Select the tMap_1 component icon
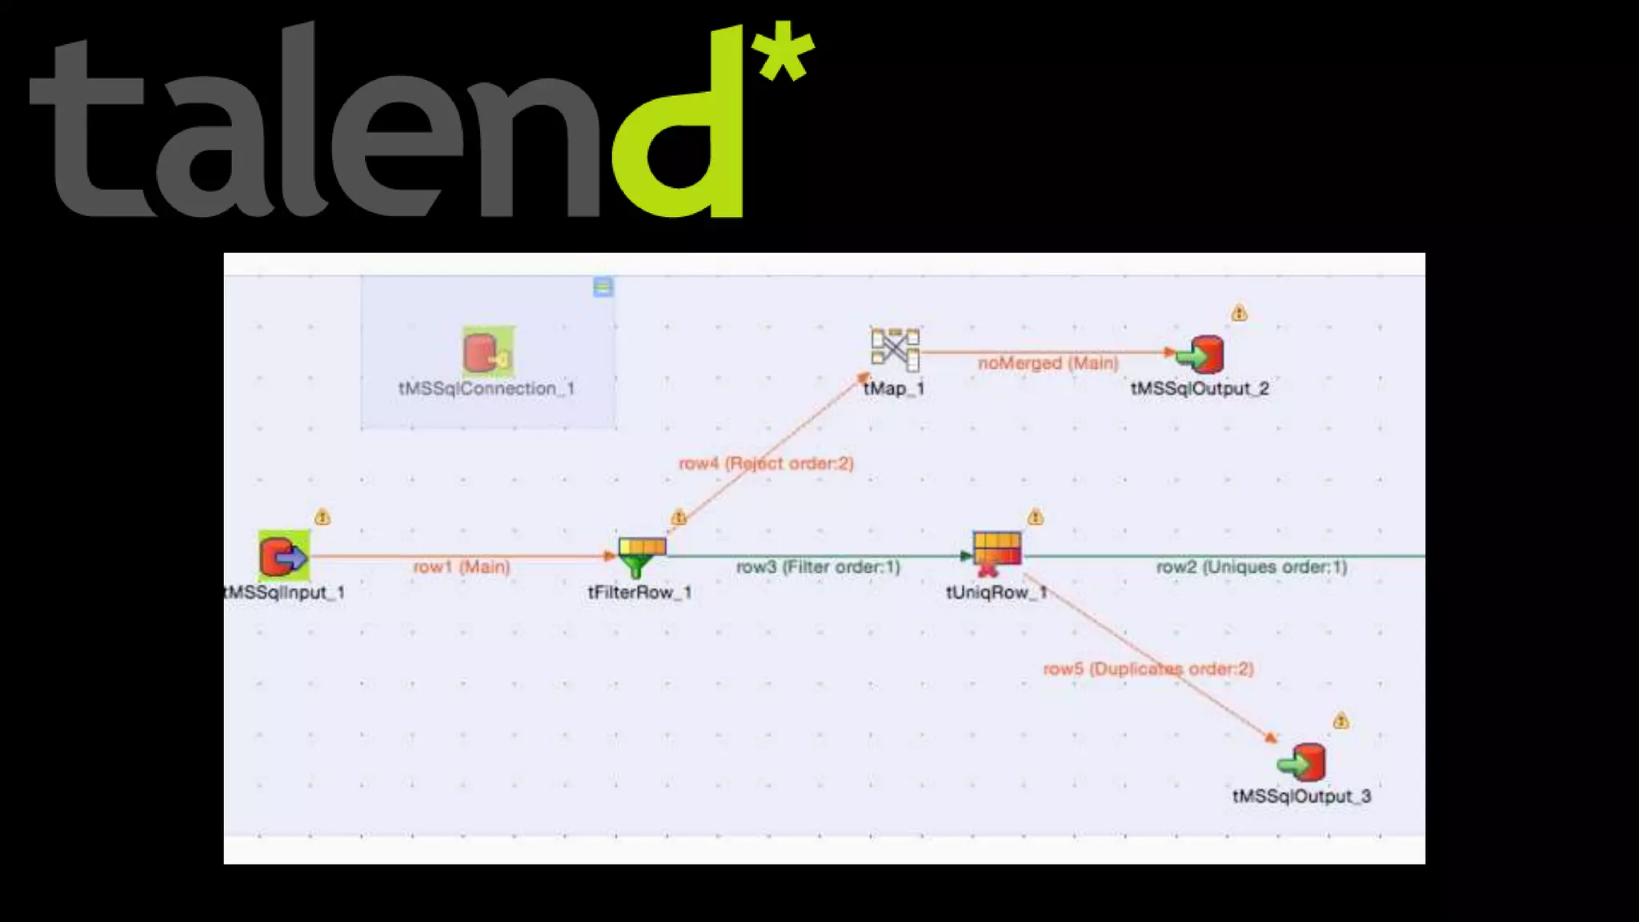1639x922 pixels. coord(896,350)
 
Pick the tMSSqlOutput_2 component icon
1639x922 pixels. coord(1200,354)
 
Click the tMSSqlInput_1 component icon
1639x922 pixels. coord(283,555)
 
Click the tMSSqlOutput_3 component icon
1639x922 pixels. coord(1302,762)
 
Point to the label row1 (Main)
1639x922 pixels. coord(462,567)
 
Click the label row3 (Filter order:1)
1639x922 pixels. coord(818,567)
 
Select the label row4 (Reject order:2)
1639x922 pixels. coord(766,463)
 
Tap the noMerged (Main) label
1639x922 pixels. coord(1048,363)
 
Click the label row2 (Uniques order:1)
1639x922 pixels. coord(1252,567)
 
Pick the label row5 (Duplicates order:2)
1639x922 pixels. coord(1148,668)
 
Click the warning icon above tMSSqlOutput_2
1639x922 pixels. coord(1240,313)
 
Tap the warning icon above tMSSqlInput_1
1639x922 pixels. coord(323,517)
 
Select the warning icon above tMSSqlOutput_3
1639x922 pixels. coord(1341,721)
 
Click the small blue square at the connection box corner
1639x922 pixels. coord(603,287)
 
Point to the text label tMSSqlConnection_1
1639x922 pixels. coord(487,389)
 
